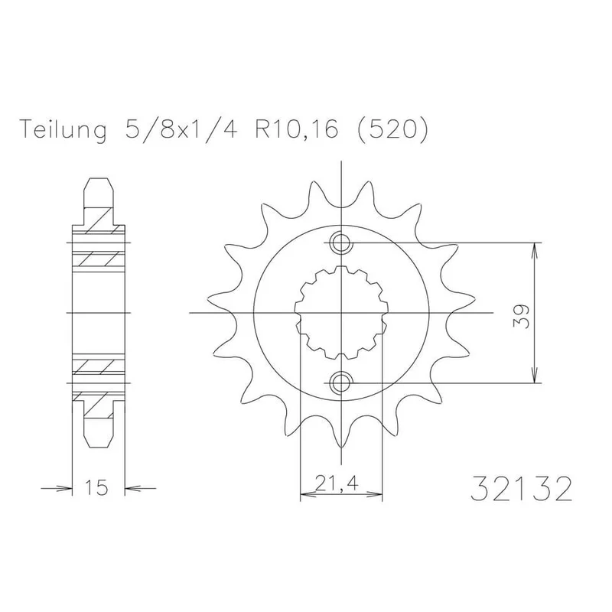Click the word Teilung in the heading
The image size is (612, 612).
63,130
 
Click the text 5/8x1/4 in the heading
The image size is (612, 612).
181,129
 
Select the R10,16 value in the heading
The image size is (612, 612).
296,129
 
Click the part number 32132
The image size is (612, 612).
522,489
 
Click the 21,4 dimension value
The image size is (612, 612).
337,484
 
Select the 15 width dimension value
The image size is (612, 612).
96,487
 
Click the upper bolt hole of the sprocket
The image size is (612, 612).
341,243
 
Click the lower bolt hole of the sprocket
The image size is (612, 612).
341,383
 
